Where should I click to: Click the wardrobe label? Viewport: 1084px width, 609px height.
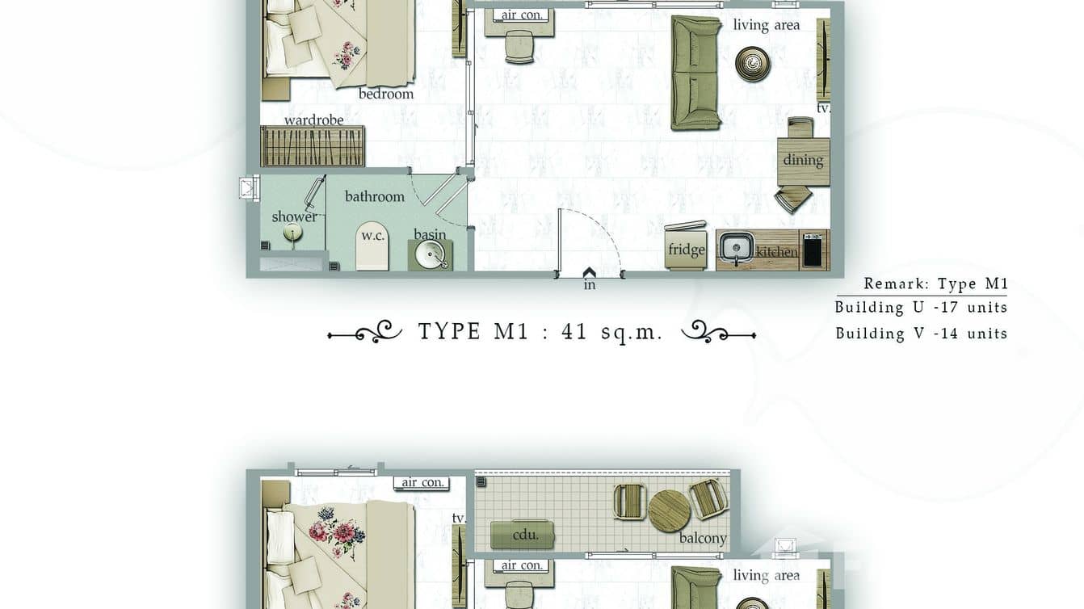[x=313, y=120]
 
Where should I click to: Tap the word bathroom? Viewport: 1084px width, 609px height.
[x=374, y=196]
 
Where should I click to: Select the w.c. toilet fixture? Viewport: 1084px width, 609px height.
[x=372, y=246]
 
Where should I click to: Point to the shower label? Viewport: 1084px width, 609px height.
[x=294, y=216]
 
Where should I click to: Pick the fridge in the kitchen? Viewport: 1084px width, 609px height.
[x=686, y=247]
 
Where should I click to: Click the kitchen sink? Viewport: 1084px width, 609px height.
[x=736, y=248]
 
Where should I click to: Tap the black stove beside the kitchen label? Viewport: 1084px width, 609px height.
[x=813, y=250]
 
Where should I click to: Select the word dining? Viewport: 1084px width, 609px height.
[x=803, y=160]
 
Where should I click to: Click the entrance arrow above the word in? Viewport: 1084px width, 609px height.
[x=589, y=273]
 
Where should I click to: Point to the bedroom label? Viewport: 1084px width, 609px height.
[x=386, y=94]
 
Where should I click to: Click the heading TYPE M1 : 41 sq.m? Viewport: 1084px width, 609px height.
[x=540, y=331]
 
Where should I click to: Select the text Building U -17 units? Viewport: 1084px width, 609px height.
[x=921, y=307]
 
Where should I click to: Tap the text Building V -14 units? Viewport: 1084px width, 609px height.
[x=921, y=333]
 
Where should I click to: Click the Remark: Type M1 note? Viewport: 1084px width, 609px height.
[x=935, y=283]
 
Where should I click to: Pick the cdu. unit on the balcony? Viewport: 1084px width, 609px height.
[x=523, y=535]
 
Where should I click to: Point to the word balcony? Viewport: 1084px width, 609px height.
[x=703, y=538]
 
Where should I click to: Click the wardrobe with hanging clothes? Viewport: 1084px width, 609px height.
[x=313, y=146]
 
